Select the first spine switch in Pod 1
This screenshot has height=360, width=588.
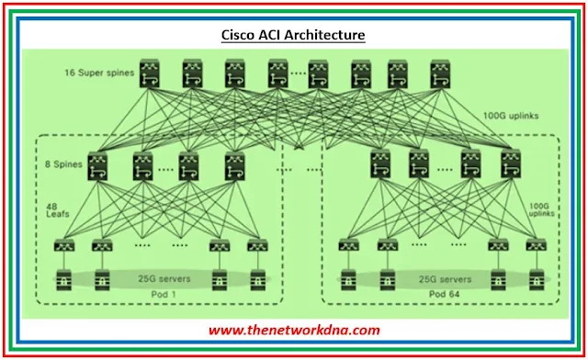point(98,165)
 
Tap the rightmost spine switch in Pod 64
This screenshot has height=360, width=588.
point(511,165)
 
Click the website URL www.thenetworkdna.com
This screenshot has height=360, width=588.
point(293,330)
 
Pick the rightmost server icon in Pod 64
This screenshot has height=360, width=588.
point(537,279)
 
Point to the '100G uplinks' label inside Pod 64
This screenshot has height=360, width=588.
point(538,208)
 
